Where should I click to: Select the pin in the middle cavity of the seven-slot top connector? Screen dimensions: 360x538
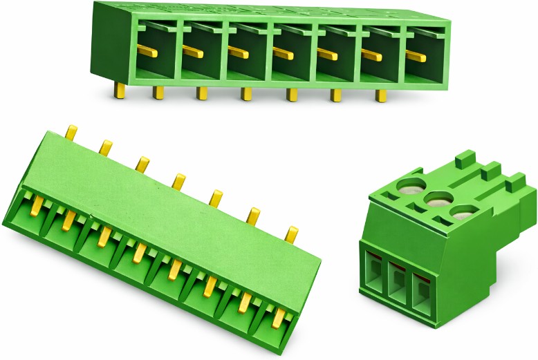point(283,53)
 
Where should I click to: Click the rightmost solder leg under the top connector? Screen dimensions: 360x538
point(380,95)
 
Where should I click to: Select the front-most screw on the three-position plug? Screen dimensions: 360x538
point(460,213)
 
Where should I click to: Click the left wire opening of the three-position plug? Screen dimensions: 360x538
point(374,277)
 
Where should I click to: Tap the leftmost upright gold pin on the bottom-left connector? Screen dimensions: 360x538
point(71,133)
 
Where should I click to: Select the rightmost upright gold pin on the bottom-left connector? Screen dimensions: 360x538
point(292,234)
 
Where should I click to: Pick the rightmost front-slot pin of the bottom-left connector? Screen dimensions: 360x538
point(279,318)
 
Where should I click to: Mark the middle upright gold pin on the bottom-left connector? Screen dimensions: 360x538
point(178,182)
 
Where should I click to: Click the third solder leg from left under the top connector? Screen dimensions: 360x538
point(202,93)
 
